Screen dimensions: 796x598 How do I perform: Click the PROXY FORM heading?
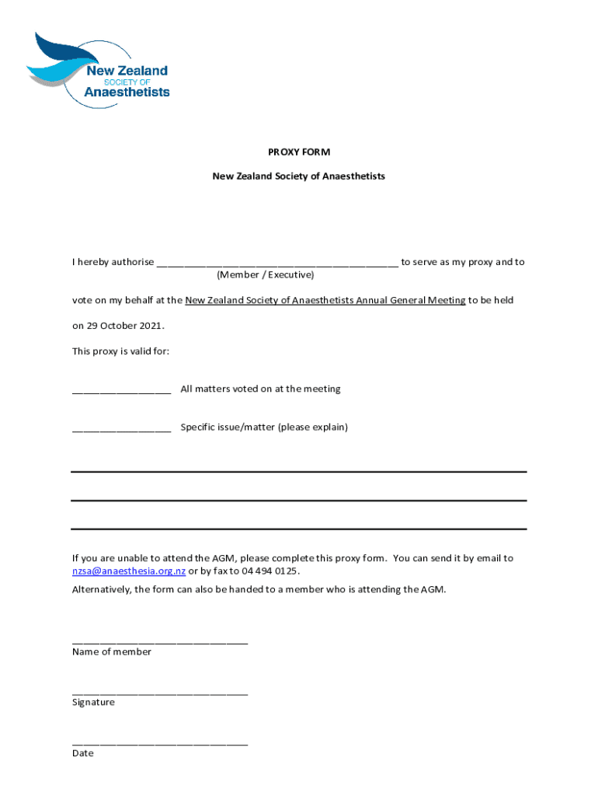(x=299, y=152)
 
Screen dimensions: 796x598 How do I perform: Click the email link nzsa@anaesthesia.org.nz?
(x=128, y=571)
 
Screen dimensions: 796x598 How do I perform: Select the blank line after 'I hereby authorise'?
(x=277, y=263)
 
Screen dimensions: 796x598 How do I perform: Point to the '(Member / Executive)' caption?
(x=266, y=275)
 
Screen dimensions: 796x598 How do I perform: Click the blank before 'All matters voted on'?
(x=121, y=389)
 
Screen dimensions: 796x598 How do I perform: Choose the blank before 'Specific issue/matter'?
(x=121, y=428)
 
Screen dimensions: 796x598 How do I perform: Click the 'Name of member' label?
(x=112, y=652)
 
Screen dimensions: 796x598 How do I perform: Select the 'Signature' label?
(x=93, y=703)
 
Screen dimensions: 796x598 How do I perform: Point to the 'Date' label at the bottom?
(x=83, y=753)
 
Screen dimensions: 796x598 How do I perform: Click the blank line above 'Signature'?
(x=160, y=691)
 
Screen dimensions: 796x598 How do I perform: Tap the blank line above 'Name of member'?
(x=160, y=641)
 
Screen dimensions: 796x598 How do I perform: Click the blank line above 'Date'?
(x=160, y=743)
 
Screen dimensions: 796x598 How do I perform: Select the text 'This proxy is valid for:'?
(x=120, y=351)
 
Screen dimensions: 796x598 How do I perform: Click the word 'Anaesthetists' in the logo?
(x=127, y=92)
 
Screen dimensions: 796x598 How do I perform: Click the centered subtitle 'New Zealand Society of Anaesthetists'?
(x=299, y=176)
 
